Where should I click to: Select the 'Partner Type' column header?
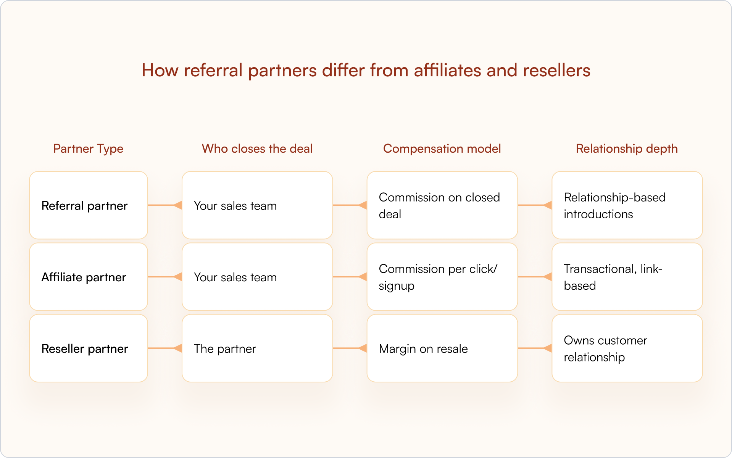(88, 148)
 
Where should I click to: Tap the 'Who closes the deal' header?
(257, 148)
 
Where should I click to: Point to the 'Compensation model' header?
(442, 148)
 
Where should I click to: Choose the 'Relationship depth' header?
(627, 148)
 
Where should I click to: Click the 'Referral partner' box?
(89, 205)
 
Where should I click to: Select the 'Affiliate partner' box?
(89, 277)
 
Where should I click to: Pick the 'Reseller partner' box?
(89, 348)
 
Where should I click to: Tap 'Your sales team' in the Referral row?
(257, 205)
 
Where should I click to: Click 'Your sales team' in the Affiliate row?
(257, 277)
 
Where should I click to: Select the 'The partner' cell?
(257, 348)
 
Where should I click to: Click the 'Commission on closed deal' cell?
(442, 205)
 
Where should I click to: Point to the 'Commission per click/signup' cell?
(442, 277)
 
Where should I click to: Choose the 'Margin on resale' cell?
(442, 348)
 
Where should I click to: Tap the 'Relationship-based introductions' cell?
(627, 205)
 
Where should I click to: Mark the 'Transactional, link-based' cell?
(627, 277)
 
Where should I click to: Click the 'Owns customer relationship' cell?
(627, 348)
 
